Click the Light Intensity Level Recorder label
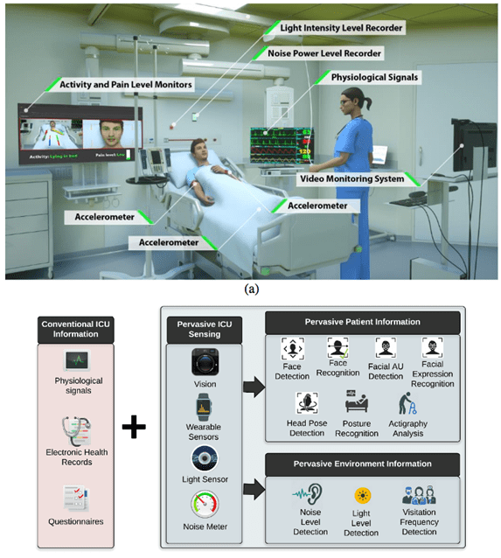pyautogui.click(x=340, y=28)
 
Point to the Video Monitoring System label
pyautogui.click(x=351, y=178)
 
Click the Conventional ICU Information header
pyautogui.click(x=80, y=329)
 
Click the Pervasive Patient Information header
pyautogui.click(x=361, y=322)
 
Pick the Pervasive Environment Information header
pyautogui.click(x=361, y=461)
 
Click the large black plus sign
pyautogui.click(x=134, y=428)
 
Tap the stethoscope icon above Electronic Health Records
pyautogui.click(x=79, y=431)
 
